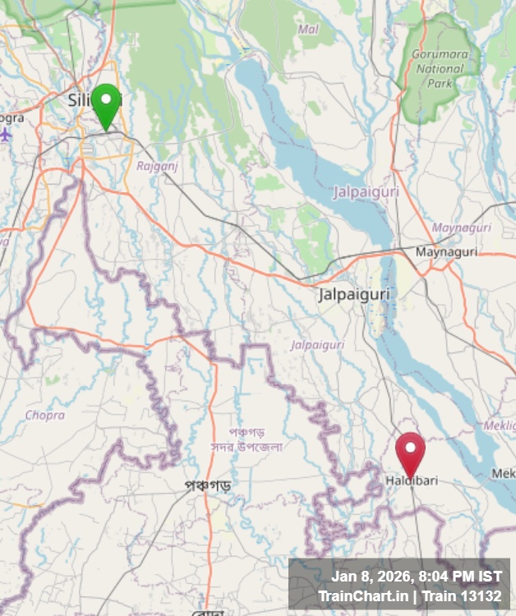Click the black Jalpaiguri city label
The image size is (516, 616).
pos(355,294)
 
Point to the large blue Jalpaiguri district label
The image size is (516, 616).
pos(366,192)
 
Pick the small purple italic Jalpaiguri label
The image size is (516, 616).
pos(317,345)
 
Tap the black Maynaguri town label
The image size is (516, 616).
pos(446,252)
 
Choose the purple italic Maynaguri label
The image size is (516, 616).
pos(461,228)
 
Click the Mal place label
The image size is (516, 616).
pos(308,30)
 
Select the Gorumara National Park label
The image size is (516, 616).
pos(440,69)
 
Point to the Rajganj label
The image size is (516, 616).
pos(157,165)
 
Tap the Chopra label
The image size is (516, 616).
pos(44,416)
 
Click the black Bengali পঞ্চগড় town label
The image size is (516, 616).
pos(207,485)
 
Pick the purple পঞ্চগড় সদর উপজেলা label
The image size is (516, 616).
pos(244,439)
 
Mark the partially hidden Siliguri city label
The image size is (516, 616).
pos(81,99)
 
